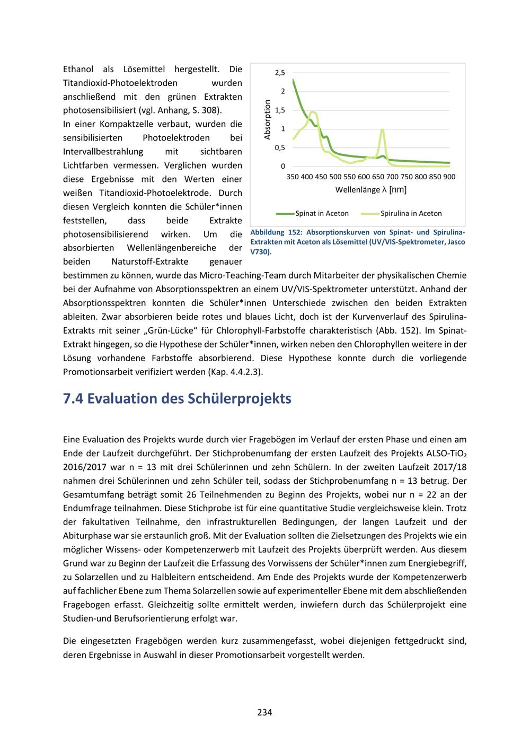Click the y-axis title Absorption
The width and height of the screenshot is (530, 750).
[268, 119]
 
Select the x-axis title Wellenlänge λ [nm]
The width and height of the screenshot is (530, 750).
[371, 189]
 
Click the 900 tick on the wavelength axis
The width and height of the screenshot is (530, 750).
[449, 177]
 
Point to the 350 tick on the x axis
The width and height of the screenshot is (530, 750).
[293, 177]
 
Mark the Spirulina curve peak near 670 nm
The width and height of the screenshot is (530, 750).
[383, 129]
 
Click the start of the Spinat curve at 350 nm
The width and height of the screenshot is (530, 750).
[293, 80]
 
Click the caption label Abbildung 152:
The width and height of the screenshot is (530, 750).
[276, 233]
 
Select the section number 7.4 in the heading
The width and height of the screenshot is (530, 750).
[73, 398]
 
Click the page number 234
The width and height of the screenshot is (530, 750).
[264, 712]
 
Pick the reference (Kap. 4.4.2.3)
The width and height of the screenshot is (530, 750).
[233, 372]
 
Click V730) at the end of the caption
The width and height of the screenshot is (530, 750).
[260, 251]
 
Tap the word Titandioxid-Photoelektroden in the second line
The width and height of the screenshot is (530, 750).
[120, 83]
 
